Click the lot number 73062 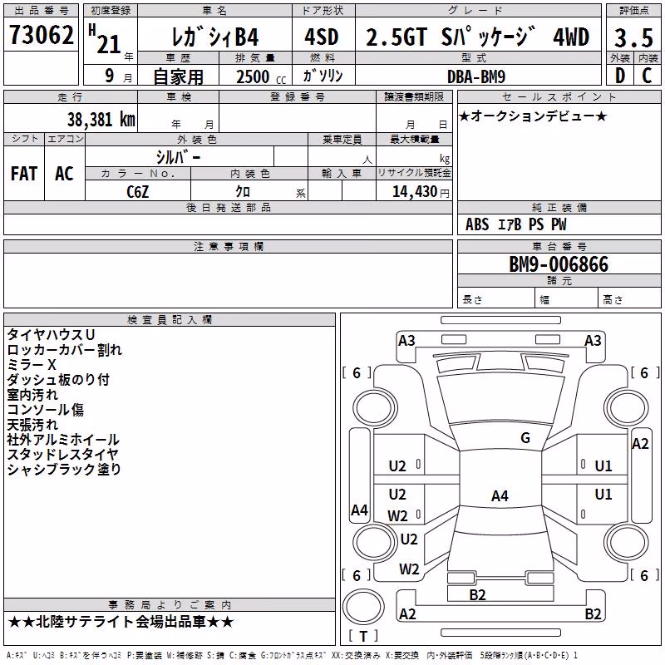point(41,34)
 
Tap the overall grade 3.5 point(633,37)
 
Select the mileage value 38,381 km point(101,120)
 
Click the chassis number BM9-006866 point(559,264)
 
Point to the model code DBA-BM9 point(476,76)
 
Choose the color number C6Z point(137,192)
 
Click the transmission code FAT point(24,174)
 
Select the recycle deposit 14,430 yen point(421,192)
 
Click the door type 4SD point(322,37)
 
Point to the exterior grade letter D point(620,76)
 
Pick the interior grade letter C point(647,76)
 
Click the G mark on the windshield point(525,438)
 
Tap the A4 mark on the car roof point(500,495)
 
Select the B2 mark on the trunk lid point(477,595)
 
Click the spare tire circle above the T point(363,607)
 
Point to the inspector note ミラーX point(32,365)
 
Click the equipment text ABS point(477,224)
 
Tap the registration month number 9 point(110,76)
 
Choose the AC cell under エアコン point(65,174)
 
